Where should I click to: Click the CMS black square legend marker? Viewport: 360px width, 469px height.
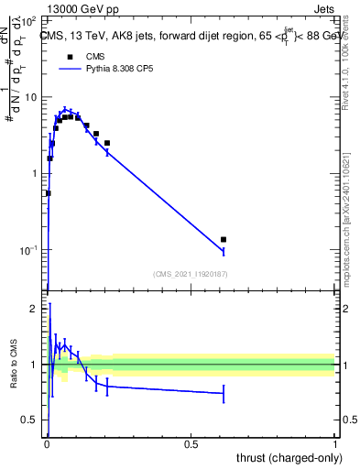coord(70,56)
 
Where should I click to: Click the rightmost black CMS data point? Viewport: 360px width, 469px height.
coord(224,240)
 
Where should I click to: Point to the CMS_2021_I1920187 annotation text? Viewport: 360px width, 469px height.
coord(191,274)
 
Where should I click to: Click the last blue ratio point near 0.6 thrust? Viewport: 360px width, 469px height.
coord(224,393)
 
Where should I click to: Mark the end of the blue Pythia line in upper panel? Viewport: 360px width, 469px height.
coord(224,250)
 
